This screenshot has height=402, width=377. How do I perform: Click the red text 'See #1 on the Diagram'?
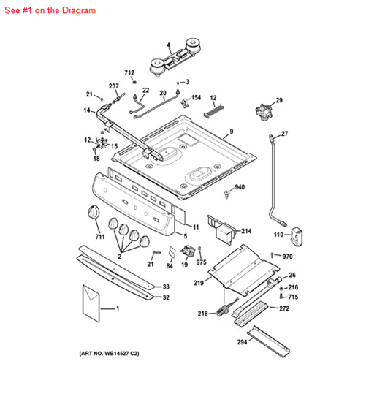[x=48, y=11]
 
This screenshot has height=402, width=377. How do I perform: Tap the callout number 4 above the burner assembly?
[x=168, y=45]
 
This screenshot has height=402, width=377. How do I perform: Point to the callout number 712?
[x=129, y=73]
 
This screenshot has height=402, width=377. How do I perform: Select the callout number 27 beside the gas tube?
[x=285, y=134]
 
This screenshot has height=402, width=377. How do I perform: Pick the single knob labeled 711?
[x=91, y=212]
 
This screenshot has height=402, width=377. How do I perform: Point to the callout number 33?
[x=166, y=287]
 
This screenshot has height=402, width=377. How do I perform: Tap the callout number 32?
[x=166, y=297]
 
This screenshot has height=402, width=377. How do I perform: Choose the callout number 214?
[x=246, y=231]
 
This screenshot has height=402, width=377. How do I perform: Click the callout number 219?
[x=198, y=282]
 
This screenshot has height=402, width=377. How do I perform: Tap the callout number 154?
[x=197, y=97]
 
